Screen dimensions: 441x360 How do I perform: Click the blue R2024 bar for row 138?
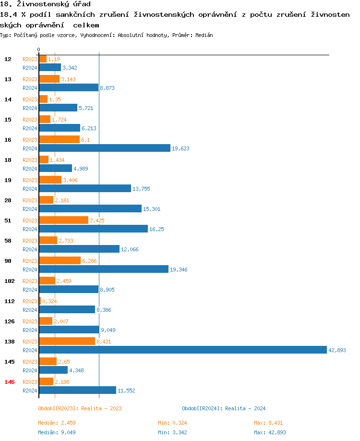click(x=182, y=350)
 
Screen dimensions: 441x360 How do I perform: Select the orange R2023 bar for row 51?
click(x=64, y=220)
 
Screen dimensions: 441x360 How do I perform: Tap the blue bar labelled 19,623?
click(x=105, y=148)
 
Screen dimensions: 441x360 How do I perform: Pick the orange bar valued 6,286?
click(x=60, y=260)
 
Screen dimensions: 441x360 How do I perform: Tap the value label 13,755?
click(x=141, y=189)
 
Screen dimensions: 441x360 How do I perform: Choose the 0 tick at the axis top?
click(x=39, y=49)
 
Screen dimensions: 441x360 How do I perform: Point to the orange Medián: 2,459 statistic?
click(x=57, y=423)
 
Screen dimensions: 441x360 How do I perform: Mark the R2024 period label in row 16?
click(x=30, y=148)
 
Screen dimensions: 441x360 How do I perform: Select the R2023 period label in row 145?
click(x=30, y=362)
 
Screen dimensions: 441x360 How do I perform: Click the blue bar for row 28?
click(x=90, y=208)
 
